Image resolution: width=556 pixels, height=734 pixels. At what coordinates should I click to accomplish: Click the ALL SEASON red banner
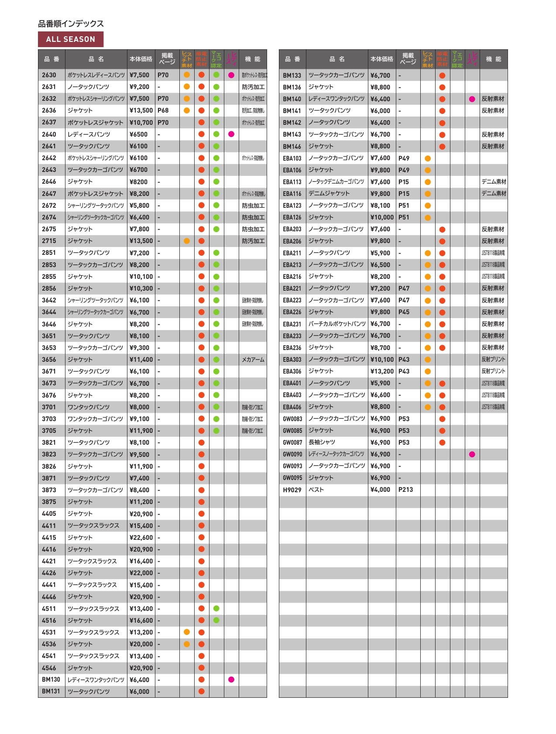click(71, 39)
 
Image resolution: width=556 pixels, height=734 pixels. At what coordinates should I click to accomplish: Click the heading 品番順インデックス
click(71, 24)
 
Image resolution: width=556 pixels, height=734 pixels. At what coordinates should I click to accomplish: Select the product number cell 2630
click(49, 75)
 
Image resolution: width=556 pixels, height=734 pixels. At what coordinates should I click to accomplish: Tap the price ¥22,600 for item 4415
click(141, 538)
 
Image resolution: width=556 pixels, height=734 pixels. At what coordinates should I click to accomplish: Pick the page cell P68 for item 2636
click(163, 110)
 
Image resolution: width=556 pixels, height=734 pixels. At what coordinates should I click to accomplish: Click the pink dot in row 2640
click(231, 134)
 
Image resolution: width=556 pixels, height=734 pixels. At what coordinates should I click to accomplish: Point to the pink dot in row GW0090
click(472, 454)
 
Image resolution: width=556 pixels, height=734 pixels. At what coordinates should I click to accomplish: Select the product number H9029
click(292, 490)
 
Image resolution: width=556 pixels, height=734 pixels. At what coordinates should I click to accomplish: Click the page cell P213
click(405, 490)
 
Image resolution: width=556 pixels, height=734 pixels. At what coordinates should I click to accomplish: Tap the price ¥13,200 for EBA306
click(382, 371)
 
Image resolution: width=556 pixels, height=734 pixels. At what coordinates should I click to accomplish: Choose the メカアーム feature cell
click(253, 360)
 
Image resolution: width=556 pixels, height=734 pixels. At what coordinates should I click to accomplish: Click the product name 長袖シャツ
click(322, 442)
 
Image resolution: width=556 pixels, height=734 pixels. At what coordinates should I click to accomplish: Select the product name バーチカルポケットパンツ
click(337, 324)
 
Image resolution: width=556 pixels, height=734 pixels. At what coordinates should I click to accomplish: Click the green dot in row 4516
click(216, 621)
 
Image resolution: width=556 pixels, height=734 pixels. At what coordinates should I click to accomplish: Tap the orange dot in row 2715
click(187, 241)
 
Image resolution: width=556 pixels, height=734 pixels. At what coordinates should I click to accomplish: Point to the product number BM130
click(51, 680)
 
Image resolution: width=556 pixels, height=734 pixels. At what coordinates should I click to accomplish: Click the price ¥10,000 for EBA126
click(382, 217)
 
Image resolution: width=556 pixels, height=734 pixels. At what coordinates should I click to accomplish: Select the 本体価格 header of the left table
click(141, 59)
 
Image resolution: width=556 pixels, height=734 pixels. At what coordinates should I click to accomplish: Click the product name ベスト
click(316, 490)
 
